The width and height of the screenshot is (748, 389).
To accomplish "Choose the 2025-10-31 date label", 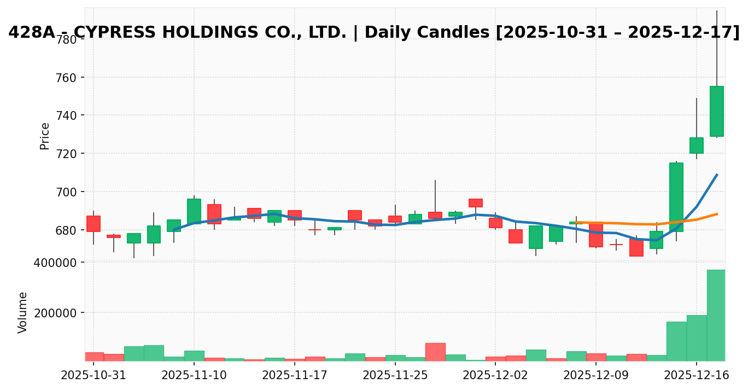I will click(x=93, y=376).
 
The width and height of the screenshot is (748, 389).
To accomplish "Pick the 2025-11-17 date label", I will click(x=295, y=376).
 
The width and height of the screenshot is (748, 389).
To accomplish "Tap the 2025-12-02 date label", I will click(x=495, y=376).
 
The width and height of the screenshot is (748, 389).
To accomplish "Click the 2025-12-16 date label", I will click(x=696, y=376).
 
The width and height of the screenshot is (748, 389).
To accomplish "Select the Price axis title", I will click(x=45, y=136).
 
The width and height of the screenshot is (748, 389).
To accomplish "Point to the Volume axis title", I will click(x=23, y=312).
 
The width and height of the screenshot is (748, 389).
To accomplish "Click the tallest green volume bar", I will click(x=716, y=315).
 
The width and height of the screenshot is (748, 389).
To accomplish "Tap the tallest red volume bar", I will click(x=435, y=352).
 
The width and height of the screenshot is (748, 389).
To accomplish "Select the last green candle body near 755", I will click(x=716, y=111).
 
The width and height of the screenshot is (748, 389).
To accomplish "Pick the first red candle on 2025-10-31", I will click(x=93, y=224).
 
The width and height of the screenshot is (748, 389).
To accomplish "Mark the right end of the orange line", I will click(x=717, y=214).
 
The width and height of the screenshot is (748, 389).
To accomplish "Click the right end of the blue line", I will click(x=717, y=175).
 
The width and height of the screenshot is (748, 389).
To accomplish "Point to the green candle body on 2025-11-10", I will click(x=194, y=211).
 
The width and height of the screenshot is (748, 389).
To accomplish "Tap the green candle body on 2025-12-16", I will click(x=696, y=146).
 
